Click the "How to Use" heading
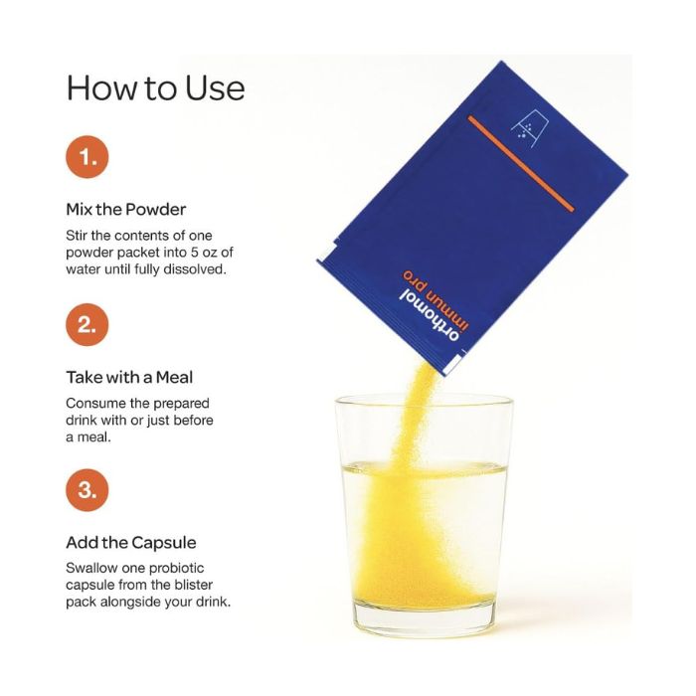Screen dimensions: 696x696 [155, 87]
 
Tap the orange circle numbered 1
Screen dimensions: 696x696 [87, 157]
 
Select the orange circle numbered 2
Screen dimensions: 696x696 [87, 324]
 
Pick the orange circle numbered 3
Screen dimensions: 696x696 [87, 490]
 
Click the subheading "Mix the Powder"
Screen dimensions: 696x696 [126, 209]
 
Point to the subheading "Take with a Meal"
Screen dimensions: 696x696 [129, 377]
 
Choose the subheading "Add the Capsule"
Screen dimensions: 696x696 [131, 543]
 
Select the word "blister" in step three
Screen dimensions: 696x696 [195, 585]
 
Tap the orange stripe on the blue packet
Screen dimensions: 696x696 [521, 164]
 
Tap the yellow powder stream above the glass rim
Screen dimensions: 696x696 [418, 381]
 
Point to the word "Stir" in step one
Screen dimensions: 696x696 [77, 236]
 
